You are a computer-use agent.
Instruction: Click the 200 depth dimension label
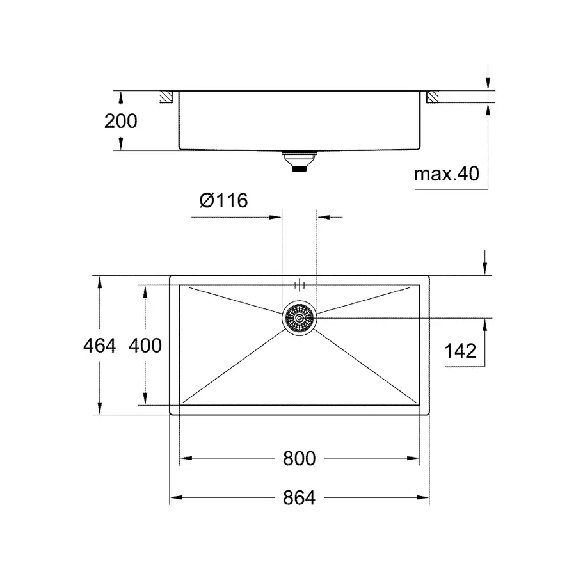click(x=120, y=120)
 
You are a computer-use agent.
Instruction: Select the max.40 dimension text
click(x=446, y=173)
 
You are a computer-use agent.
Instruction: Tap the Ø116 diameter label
click(x=223, y=201)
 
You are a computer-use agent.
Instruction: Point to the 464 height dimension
click(x=100, y=346)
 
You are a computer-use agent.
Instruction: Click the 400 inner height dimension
click(x=145, y=346)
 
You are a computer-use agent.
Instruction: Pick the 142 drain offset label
click(x=460, y=351)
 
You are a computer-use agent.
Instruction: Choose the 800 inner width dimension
click(x=299, y=458)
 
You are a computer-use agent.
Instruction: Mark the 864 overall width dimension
click(x=299, y=497)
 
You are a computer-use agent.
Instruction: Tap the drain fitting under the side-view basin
click(x=299, y=161)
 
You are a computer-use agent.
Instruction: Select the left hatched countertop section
click(x=166, y=97)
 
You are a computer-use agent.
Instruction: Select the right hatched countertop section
click(x=432, y=97)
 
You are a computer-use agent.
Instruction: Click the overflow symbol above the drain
click(x=299, y=285)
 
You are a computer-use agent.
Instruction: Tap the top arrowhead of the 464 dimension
click(x=100, y=280)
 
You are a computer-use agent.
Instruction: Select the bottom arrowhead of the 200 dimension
click(x=120, y=147)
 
